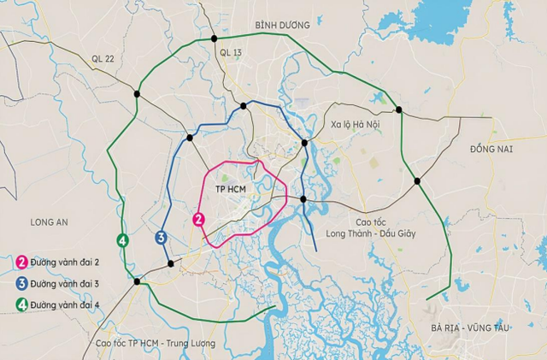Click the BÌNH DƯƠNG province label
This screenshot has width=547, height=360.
point(281,25)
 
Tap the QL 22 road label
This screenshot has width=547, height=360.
point(103,58)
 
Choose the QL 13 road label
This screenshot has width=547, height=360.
point(232,53)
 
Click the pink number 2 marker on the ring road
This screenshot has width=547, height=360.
point(199,220)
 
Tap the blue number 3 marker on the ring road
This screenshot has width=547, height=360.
point(161,238)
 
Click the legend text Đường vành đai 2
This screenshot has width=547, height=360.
point(68,262)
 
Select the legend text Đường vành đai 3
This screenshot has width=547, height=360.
point(68,281)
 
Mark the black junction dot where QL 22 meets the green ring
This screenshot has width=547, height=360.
point(137,93)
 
